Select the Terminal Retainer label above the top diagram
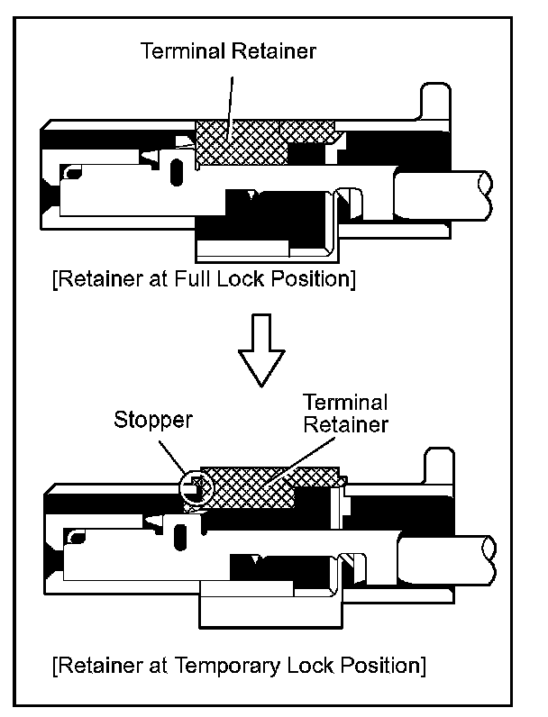click(229, 51)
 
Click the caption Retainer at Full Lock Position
click(204, 279)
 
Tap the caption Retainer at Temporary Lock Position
click(238, 667)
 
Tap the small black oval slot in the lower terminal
click(180, 538)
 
